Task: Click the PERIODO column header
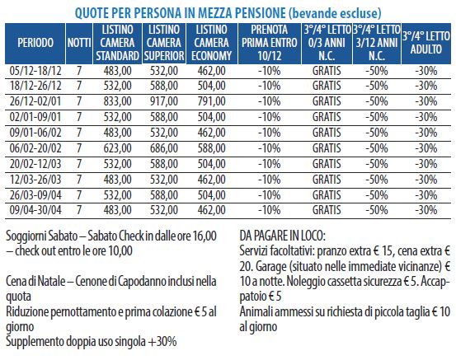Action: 35,43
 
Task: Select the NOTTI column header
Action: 79,43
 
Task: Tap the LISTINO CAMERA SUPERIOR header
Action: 164,43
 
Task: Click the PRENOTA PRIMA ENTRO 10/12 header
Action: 270,43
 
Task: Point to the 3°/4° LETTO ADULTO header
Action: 425,43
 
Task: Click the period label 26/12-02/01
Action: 35,101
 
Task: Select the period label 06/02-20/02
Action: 35,148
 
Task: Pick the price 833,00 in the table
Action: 117,101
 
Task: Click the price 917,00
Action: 164,101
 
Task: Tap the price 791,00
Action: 211,101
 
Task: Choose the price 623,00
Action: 117,148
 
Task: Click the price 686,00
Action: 164,148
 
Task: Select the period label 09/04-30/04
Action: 35,210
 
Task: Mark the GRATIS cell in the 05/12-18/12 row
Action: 327,71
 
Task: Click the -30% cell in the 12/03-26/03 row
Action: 426,180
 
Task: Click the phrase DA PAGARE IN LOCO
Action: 282,236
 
